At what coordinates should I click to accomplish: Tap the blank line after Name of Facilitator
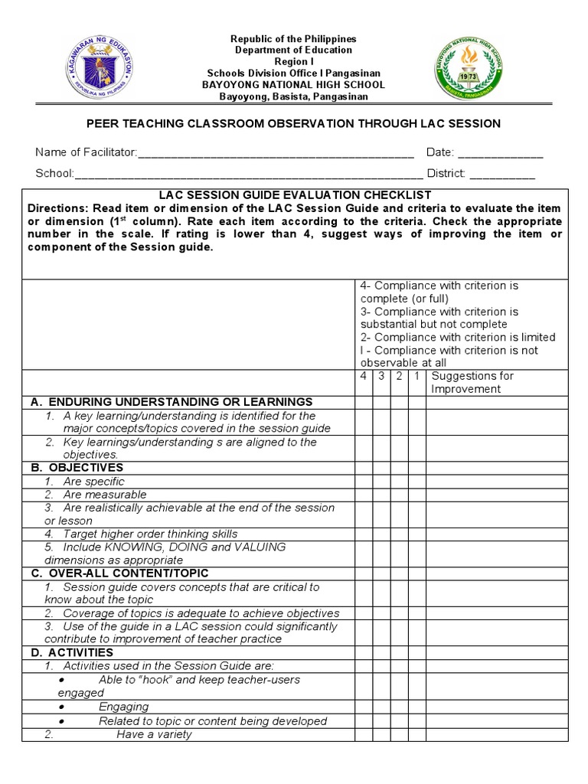pos(276,154)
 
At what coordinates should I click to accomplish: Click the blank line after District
pos(502,175)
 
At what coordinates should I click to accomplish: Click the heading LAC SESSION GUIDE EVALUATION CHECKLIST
pos(295,195)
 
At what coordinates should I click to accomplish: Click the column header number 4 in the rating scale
pos(363,376)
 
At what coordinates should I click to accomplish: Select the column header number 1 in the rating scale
pos(416,376)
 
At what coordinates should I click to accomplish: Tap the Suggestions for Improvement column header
pos(472,382)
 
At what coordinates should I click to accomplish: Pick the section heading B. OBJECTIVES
pos(77,468)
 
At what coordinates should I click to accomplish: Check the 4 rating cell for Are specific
pos(363,482)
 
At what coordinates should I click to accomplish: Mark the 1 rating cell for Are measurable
pos(416,495)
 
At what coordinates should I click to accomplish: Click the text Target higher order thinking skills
pos(150,534)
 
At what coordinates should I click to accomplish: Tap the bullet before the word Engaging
pos(61,707)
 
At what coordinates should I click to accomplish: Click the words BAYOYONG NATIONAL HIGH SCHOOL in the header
pos(294,85)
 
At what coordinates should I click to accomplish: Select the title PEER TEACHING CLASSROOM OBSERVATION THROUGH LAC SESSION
pos(294,123)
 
